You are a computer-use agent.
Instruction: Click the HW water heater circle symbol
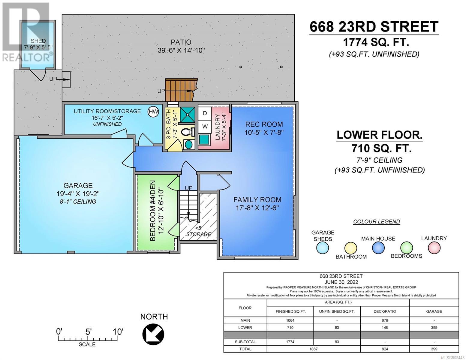tap(153, 112)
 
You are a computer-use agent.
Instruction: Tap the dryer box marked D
tap(205, 113)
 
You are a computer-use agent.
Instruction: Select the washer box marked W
tap(205, 127)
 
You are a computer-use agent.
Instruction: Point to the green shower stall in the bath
tap(188, 115)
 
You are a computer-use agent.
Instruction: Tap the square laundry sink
tap(204, 139)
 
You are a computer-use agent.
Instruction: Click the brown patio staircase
tap(181, 90)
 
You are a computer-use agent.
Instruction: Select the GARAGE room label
tap(78, 185)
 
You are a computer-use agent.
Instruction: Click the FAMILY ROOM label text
tap(257, 199)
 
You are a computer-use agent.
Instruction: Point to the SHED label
tap(38, 41)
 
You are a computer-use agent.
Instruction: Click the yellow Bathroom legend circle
tap(351, 248)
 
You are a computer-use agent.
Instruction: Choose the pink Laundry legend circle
tap(434, 248)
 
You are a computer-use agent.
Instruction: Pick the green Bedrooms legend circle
tap(407, 248)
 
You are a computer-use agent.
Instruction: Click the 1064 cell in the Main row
tap(290, 320)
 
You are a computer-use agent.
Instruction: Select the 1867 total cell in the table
tap(313, 349)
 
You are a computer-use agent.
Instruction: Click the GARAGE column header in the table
tap(434, 311)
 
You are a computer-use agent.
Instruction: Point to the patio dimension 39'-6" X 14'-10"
tap(181, 50)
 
